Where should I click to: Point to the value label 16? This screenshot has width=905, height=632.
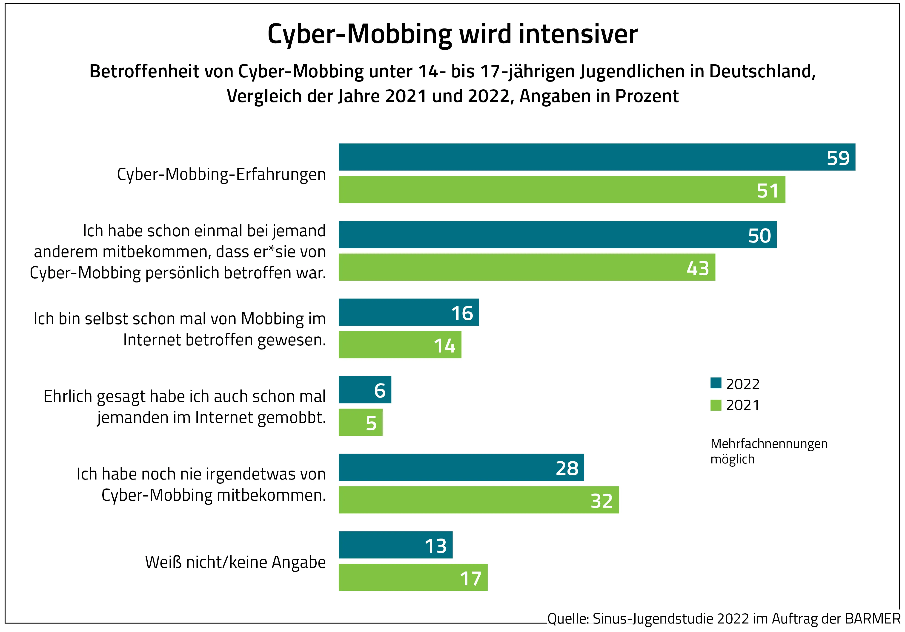[x=462, y=313]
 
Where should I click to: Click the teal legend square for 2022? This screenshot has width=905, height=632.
[x=716, y=383]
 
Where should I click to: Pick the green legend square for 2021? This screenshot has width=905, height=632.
[x=716, y=405]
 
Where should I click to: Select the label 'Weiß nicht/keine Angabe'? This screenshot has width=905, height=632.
[x=235, y=562]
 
